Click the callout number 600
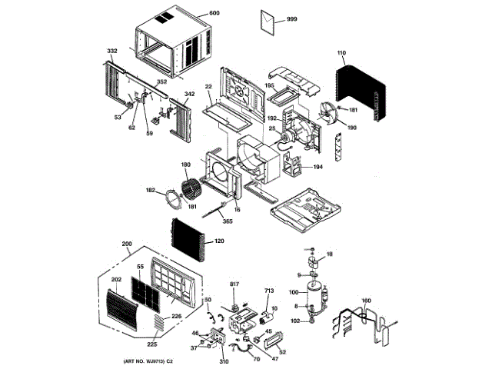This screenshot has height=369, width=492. tap(214, 14)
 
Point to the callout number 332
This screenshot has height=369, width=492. tap(112, 51)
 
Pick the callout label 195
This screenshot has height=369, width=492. tap(270, 85)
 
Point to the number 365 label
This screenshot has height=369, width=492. tap(228, 221)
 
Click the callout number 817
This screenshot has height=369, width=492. tap(234, 284)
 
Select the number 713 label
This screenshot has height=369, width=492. tap(268, 291)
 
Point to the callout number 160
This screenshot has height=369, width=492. tap(366, 300)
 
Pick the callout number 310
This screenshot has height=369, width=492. tap(224, 361)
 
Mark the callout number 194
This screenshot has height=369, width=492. tap(317, 166)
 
